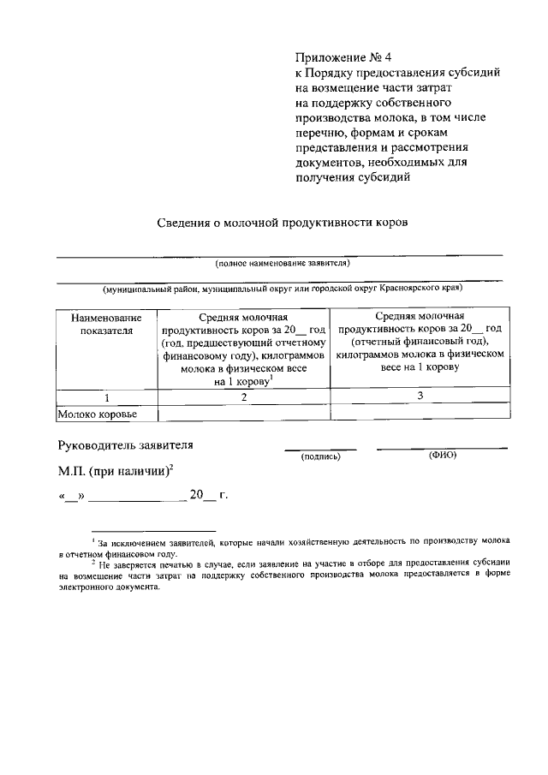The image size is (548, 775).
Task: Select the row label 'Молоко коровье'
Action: point(97,414)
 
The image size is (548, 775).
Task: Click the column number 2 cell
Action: point(243,397)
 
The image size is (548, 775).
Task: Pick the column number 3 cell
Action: point(419,396)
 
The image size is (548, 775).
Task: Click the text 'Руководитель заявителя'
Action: point(125,444)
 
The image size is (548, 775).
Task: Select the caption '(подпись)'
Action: point(320,456)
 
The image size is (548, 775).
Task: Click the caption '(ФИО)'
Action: point(442,455)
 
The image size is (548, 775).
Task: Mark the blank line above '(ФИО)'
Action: point(442,447)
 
